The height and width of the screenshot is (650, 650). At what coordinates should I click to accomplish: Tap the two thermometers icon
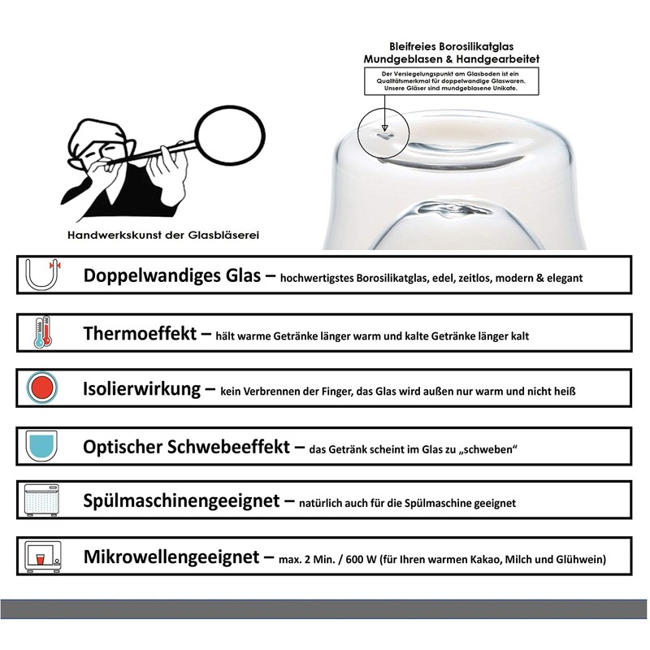click(x=43, y=331)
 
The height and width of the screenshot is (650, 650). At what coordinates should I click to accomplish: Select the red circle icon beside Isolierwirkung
click(x=42, y=388)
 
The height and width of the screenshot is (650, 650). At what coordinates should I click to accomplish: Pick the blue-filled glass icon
click(x=41, y=445)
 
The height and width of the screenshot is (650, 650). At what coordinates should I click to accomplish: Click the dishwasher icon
click(x=41, y=500)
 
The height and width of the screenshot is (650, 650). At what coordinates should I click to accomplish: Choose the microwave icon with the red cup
click(x=43, y=557)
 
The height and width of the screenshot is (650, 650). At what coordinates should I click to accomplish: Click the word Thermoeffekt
click(x=140, y=333)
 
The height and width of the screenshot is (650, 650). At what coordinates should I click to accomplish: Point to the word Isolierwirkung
click(x=141, y=389)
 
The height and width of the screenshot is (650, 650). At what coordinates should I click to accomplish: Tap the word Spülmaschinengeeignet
click(x=181, y=500)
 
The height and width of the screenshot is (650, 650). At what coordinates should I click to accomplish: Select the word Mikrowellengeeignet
click(x=171, y=557)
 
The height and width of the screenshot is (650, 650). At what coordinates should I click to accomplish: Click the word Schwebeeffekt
click(x=228, y=447)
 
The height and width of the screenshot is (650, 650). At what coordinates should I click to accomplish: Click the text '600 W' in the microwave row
click(x=361, y=560)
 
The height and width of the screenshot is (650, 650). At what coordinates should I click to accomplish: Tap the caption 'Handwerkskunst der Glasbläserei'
click(x=163, y=235)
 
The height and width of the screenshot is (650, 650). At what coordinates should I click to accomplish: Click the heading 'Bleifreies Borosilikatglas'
click(x=452, y=46)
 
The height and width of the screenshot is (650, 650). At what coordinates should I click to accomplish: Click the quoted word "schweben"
click(x=488, y=449)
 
